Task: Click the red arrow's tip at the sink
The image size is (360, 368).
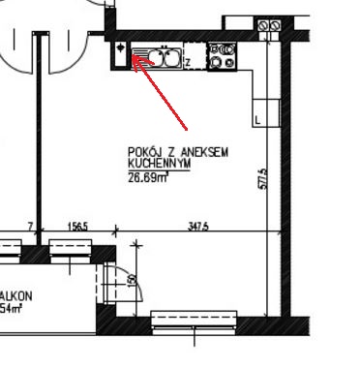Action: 132,59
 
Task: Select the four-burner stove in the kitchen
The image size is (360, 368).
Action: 223,57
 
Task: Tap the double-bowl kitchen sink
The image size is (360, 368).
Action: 160,59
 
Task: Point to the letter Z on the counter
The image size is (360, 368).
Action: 187,64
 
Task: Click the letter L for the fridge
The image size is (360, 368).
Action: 256,119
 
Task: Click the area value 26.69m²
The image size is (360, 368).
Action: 146,176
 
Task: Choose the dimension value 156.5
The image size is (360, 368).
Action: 77,226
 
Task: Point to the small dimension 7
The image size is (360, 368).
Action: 31,226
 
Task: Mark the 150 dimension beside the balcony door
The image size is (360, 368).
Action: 132,280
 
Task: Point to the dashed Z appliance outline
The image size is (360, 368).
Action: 194,59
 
